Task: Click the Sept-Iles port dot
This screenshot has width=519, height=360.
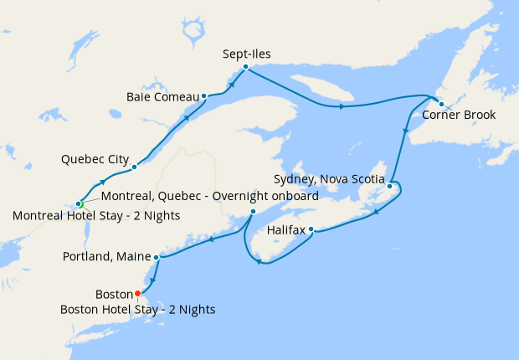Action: click(x=245, y=67)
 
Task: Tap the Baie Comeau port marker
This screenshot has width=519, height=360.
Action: click(x=204, y=96)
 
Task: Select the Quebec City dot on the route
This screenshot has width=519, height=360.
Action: click(x=134, y=167)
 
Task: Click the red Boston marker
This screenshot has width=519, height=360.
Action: click(x=138, y=294)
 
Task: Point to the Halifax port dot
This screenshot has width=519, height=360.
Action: click(x=311, y=229)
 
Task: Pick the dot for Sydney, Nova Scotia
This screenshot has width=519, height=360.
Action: click(x=390, y=176)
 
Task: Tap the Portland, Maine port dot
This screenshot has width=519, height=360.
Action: click(x=157, y=257)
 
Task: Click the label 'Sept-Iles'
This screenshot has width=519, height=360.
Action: click(x=247, y=54)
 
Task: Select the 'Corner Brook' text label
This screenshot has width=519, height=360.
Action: click(x=459, y=116)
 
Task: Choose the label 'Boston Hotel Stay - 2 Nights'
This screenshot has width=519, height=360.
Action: click(x=138, y=309)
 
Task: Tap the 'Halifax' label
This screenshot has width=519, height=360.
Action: click(x=286, y=229)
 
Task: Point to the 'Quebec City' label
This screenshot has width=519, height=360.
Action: click(x=95, y=158)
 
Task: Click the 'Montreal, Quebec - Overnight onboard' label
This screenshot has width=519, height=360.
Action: click(x=209, y=196)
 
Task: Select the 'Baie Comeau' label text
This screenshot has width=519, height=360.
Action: click(x=162, y=96)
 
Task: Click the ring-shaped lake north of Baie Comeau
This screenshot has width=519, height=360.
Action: click(x=194, y=33)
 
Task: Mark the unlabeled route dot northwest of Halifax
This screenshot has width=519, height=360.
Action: click(x=253, y=212)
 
